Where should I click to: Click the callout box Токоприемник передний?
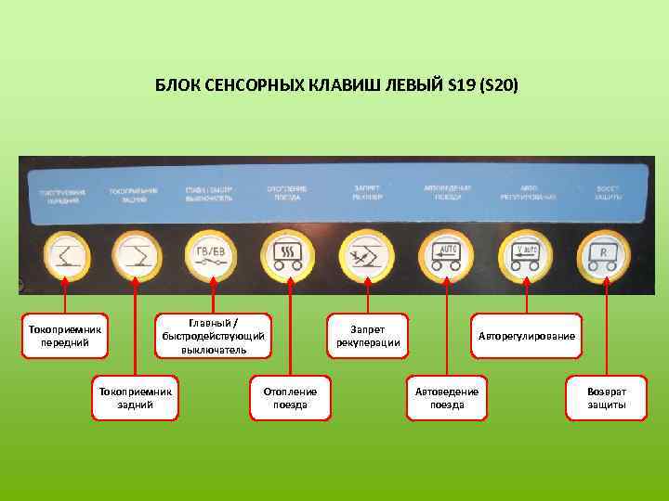tap(65, 336)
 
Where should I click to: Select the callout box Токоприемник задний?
tap(136, 398)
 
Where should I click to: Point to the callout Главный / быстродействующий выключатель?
tap(214, 336)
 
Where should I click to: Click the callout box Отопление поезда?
tap(290, 398)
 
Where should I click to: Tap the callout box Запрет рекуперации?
tap(368, 336)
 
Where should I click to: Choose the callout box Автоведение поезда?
tap(447, 398)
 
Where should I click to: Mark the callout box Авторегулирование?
tap(527, 336)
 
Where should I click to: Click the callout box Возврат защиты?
tap(607, 398)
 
